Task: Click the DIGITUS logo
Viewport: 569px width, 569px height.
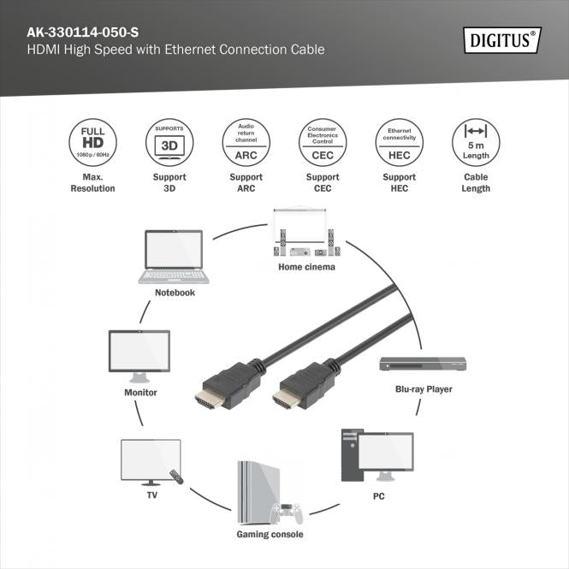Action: coord(503,39)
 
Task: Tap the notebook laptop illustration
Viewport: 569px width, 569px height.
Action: coord(175,256)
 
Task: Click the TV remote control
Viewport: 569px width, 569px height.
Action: coord(176,475)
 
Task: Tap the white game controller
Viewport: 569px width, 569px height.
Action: coord(287,514)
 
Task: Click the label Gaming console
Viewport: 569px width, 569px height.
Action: coord(270,535)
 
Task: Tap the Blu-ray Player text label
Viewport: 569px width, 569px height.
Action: coord(424,389)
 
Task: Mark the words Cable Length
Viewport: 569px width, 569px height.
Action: coord(475,182)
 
